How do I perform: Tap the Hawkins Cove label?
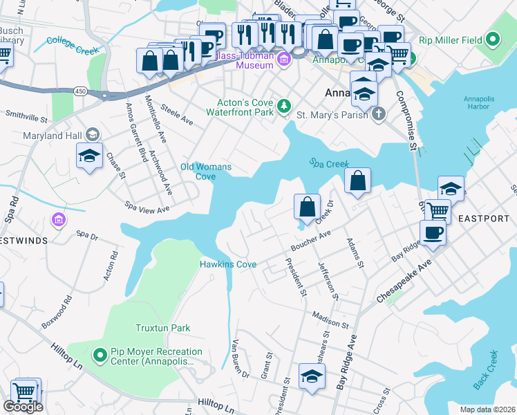click(x=228, y=264)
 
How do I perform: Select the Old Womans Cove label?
click(x=206, y=172)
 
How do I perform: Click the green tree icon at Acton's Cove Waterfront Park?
click(x=283, y=105)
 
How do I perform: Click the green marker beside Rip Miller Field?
click(x=493, y=40)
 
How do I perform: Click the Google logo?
click(x=23, y=407)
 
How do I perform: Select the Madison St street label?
click(x=331, y=321)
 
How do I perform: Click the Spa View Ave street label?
click(x=147, y=207)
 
